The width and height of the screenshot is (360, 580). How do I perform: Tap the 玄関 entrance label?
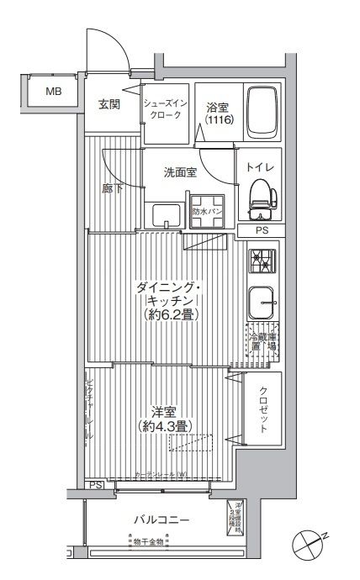[109, 104]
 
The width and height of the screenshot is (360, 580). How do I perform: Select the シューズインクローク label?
[166, 108]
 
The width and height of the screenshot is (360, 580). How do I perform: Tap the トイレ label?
[259, 167]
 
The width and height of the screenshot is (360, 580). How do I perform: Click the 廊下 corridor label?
[113, 188]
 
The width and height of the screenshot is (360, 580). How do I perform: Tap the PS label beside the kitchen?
[264, 230]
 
